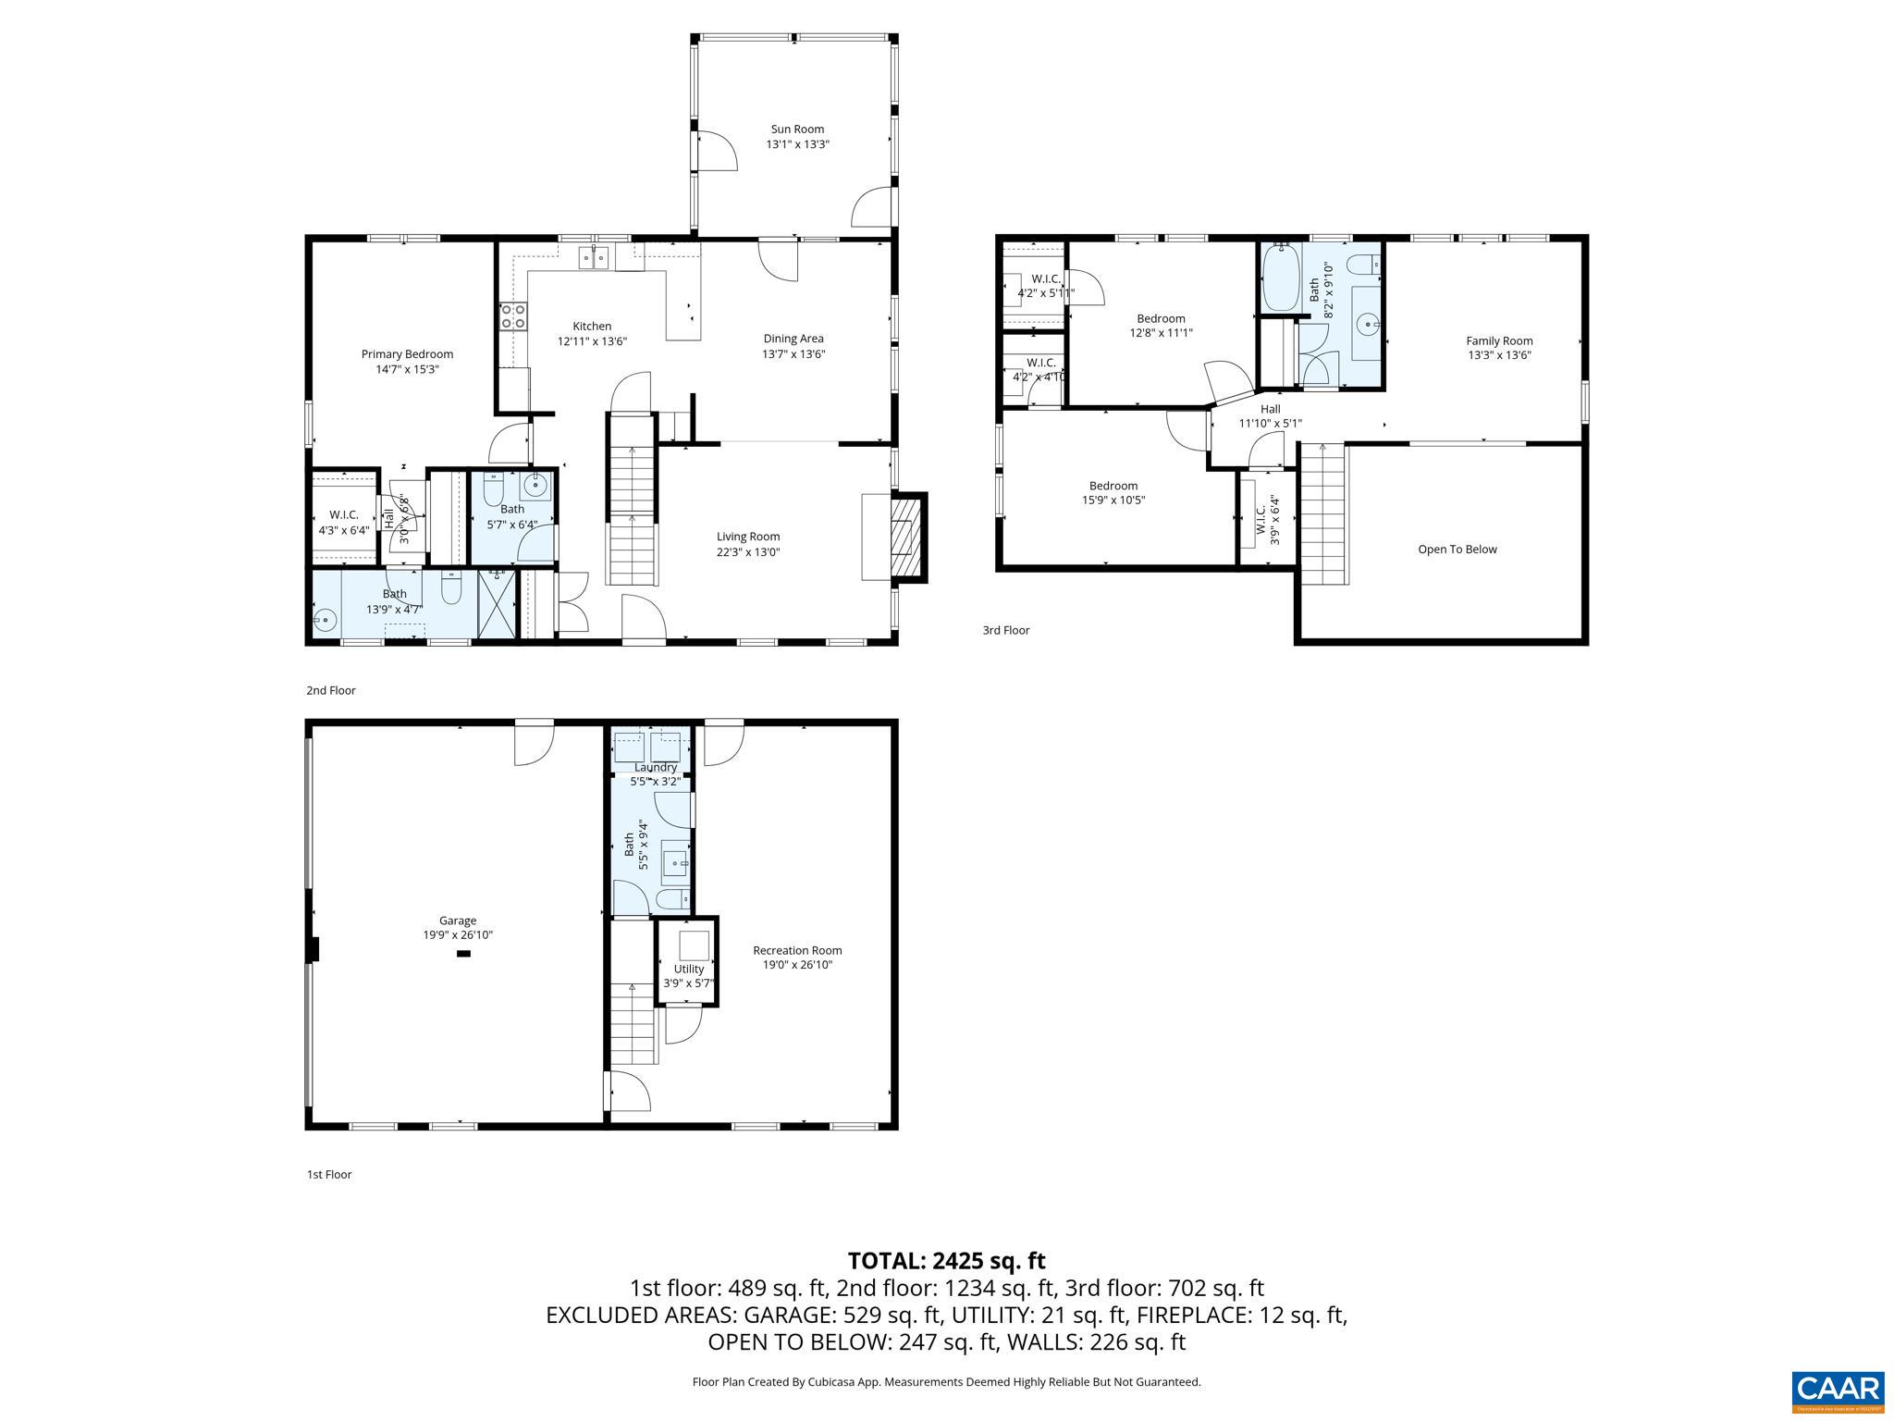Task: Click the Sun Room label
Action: pyautogui.click(x=796, y=130)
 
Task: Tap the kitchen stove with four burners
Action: pyautogui.click(x=513, y=316)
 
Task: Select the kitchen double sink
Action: pyautogui.click(x=593, y=258)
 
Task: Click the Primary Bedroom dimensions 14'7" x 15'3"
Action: pyautogui.click(x=407, y=369)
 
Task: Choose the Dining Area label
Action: pyautogui.click(x=793, y=339)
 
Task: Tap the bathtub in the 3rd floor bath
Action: pyautogui.click(x=1281, y=277)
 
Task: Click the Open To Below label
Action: pyautogui.click(x=1457, y=550)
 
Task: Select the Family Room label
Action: pyautogui.click(x=1499, y=340)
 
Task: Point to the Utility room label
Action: pyautogui.click(x=688, y=969)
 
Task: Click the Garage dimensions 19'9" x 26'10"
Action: pyautogui.click(x=458, y=935)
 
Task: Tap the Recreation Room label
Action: pyautogui.click(x=797, y=950)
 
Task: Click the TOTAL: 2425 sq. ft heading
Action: pyautogui.click(x=946, y=1260)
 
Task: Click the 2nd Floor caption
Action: pyautogui.click(x=331, y=690)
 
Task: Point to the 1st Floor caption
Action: pyautogui.click(x=329, y=1174)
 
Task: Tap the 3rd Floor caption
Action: pyautogui.click(x=1005, y=630)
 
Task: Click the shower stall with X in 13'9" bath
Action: pyautogui.click(x=497, y=604)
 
